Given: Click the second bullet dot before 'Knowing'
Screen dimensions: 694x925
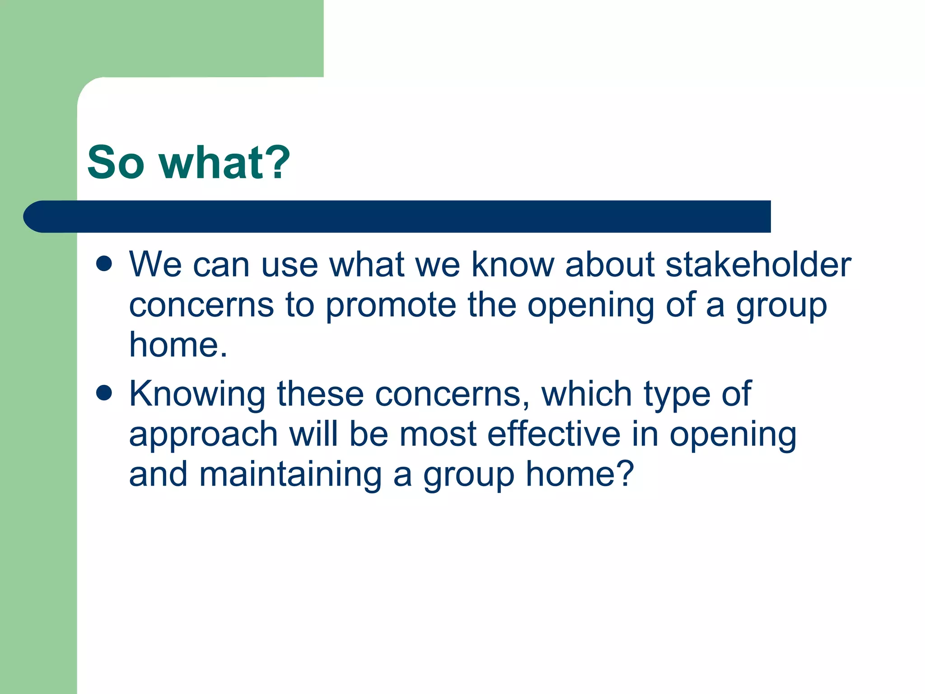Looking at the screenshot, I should tap(104, 393).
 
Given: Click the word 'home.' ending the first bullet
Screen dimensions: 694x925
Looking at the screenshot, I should tap(178, 345).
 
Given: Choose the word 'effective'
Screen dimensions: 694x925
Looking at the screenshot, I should tap(554, 434).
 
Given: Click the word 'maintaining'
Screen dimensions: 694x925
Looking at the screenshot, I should tap(290, 474).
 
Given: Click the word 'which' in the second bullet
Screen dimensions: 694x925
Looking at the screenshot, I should tap(586, 394).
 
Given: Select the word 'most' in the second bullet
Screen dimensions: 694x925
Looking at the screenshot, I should tap(438, 435).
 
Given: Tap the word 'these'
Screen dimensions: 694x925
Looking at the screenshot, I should tap(320, 394).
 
